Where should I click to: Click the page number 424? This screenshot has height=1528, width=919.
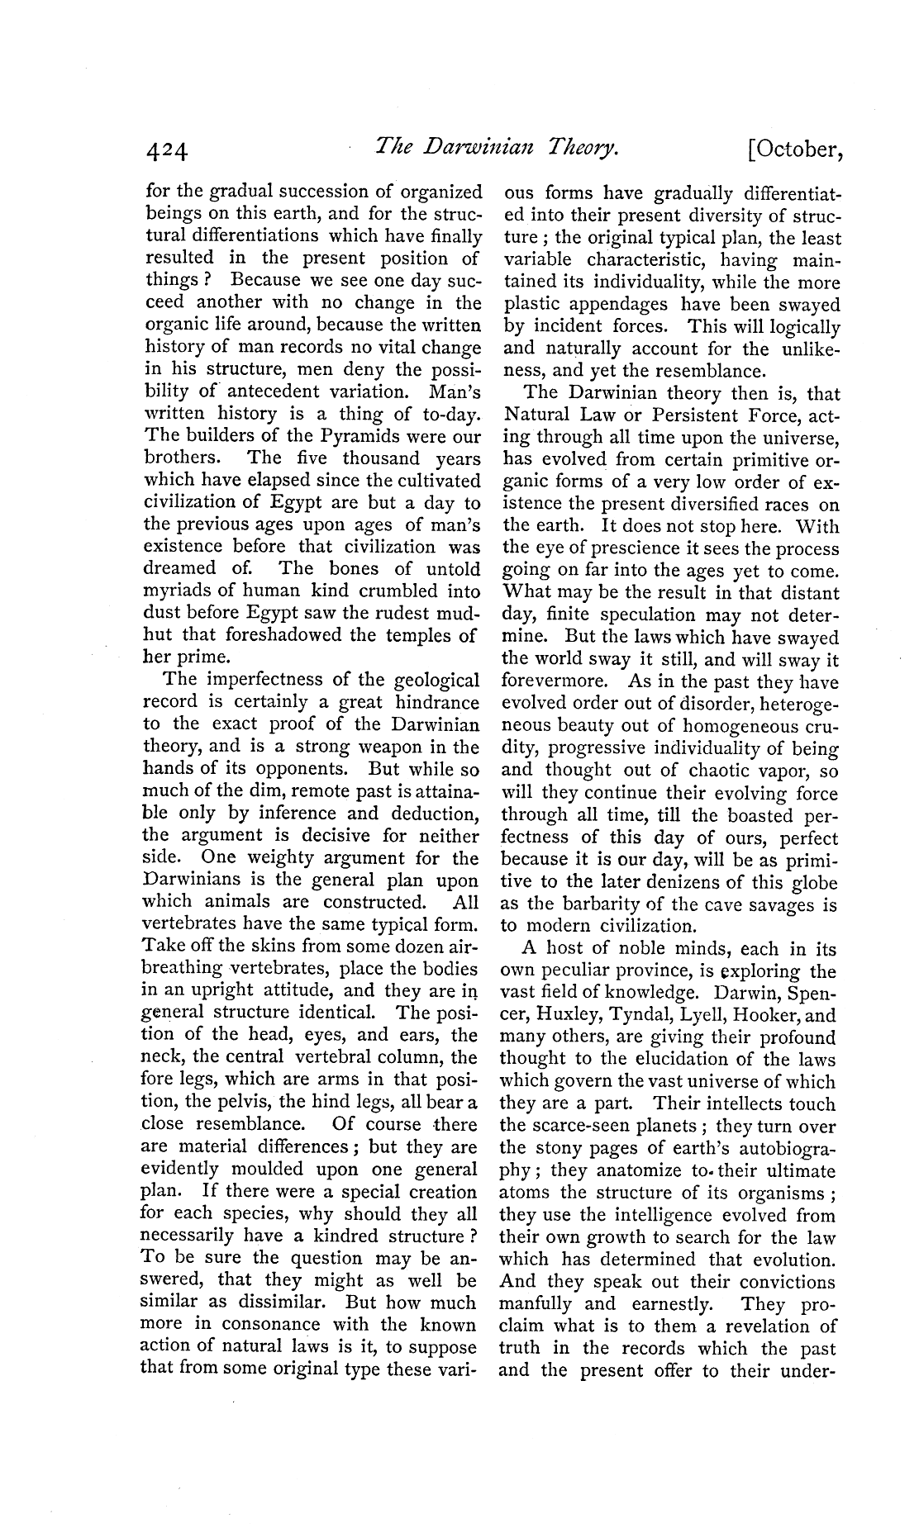click(167, 151)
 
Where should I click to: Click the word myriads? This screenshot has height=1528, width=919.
click(179, 591)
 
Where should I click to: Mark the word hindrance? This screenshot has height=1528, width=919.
click(437, 702)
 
